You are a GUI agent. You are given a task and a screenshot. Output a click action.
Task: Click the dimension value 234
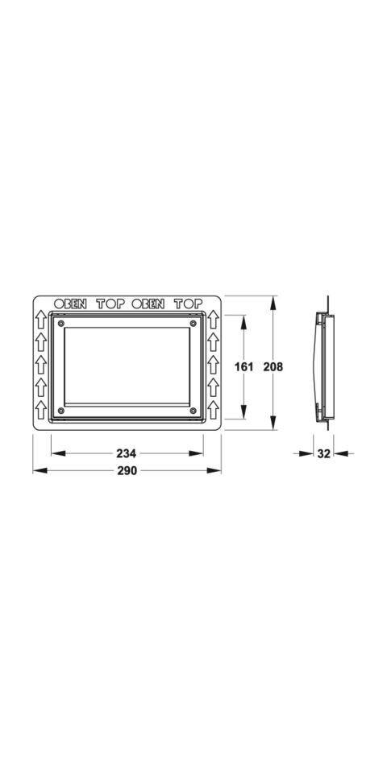127,453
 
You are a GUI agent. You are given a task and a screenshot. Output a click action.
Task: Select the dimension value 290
127,471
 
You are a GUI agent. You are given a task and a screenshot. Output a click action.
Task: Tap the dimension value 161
244,367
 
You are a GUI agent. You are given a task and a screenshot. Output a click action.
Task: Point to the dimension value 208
273,367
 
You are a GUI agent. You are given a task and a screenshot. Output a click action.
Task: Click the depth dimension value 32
323,454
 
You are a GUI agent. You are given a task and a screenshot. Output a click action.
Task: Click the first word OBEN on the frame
70,304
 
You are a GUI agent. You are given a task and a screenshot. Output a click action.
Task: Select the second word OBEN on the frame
148,304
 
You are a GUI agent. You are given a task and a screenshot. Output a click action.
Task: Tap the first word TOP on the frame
110,304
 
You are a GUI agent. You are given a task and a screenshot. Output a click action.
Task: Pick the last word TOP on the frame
188,304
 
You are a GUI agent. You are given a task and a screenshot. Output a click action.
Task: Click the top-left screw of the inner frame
60,324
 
